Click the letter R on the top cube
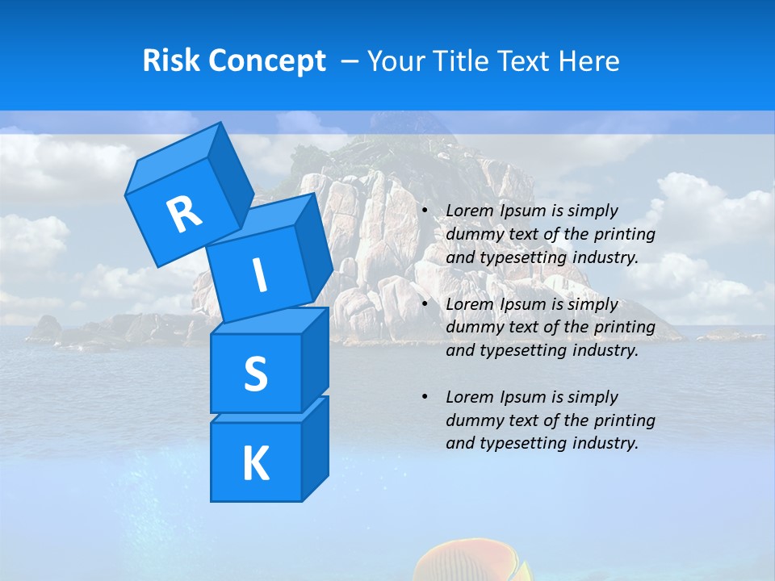pyautogui.click(x=185, y=213)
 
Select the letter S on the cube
pyautogui.click(x=255, y=374)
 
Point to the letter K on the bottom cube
pyautogui.click(x=255, y=463)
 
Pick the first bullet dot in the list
pyautogui.click(x=425, y=211)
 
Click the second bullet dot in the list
pyautogui.click(x=425, y=305)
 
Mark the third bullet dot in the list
pyautogui.click(x=425, y=398)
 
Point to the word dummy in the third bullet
pyautogui.click(x=471, y=420)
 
